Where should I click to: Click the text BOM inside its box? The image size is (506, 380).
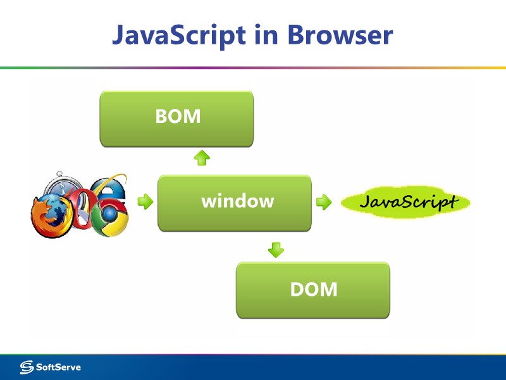pyautogui.click(x=178, y=117)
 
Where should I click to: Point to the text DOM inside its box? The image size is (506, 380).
pyautogui.click(x=314, y=289)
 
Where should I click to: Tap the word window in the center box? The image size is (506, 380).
pyautogui.click(x=238, y=201)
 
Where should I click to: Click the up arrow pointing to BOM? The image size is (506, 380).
pyautogui.click(x=201, y=158)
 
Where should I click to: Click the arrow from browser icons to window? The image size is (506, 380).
pyautogui.click(x=145, y=202)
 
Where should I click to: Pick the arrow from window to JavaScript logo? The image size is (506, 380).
pyautogui.click(x=323, y=202)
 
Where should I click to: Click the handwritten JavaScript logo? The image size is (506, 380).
pyautogui.click(x=406, y=202)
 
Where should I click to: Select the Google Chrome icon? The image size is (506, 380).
pyautogui.click(x=108, y=218)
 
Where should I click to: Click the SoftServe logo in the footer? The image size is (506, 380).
pyautogui.click(x=51, y=367)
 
